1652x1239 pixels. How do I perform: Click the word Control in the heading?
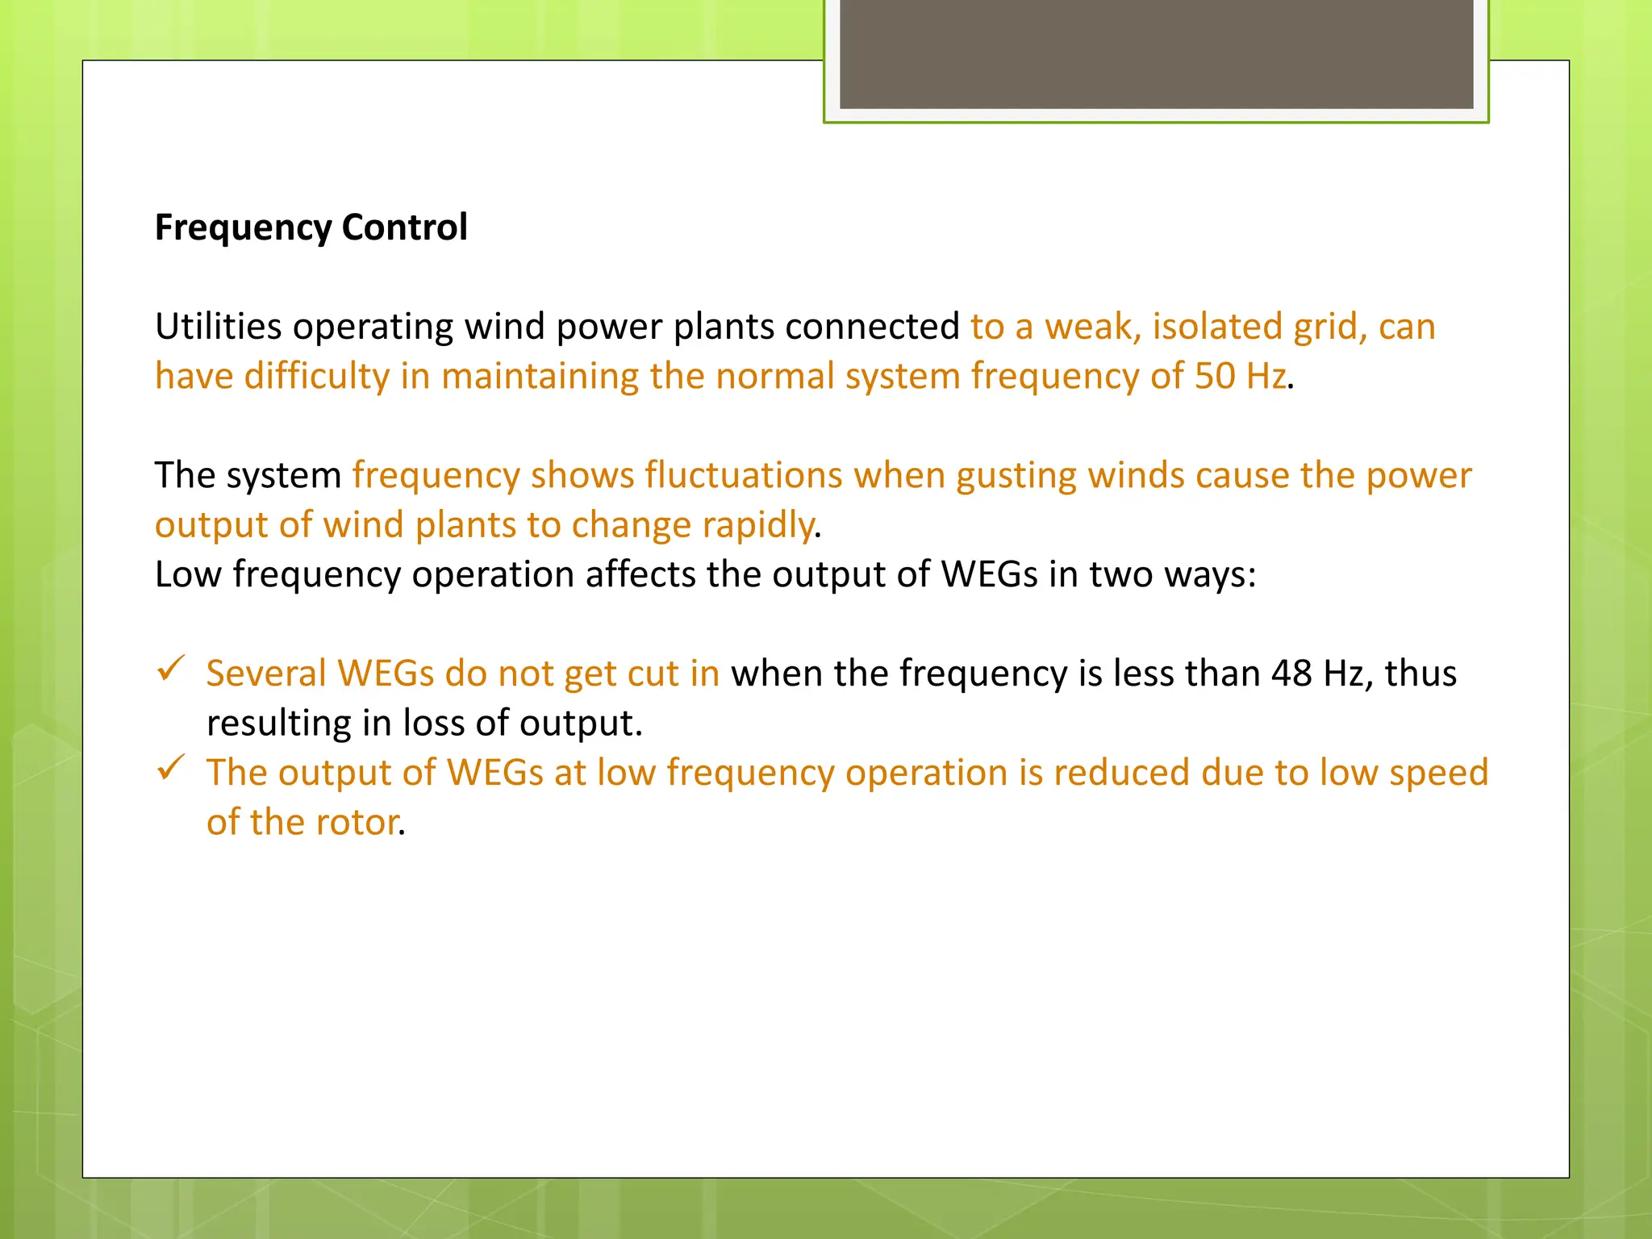[404, 227]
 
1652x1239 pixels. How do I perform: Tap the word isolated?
[1217, 327]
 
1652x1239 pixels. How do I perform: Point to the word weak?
[1092, 327]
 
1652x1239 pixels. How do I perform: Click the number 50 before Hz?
[1214, 376]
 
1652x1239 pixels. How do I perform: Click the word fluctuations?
[744, 475]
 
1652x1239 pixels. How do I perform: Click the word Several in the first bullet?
[266, 674]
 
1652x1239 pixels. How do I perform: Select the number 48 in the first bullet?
[1291, 674]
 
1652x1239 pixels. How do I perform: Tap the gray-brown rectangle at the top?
[1156, 53]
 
